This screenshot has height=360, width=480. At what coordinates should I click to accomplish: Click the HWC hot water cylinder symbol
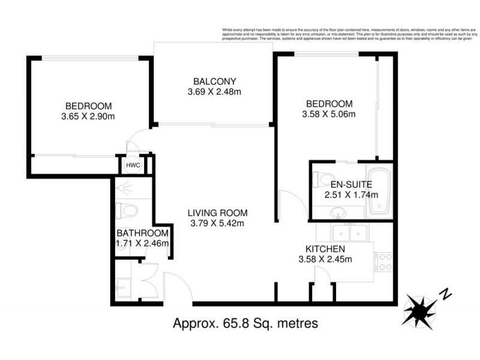[x=131, y=165]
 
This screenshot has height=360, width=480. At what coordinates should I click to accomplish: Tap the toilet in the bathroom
[x=127, y=211]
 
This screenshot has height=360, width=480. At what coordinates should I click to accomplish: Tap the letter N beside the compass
[x=445, y=293]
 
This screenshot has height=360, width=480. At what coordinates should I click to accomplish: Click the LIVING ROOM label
[x=217, y=213]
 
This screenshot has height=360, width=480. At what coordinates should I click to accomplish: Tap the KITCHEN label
[x=325, y=249]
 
